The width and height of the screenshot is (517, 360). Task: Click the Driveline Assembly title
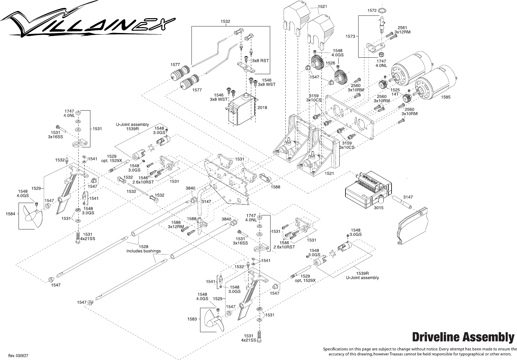click(x=463, y=337)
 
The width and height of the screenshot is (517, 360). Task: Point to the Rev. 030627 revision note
click(x=18, y=355)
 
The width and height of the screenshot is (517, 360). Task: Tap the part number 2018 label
click(x=262, y=108)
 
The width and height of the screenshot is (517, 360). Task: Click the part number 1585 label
click(x=445, y=97)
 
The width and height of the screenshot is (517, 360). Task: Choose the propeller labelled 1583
click(x=213, y=319)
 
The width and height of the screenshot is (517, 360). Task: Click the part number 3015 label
click(x=378, y=208)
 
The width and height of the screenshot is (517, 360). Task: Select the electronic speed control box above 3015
click(x=368, y=189)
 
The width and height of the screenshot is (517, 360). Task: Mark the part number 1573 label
click(x=350, y=36)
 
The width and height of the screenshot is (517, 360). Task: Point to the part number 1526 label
click(x=330, y=63)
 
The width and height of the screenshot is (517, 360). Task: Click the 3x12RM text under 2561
click(x=402, y=32)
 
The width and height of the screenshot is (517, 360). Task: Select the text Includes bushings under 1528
click(x=143, y=251)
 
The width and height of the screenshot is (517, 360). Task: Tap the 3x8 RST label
click(x=260, y=60)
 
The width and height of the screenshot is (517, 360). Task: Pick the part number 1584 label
click(x=10, y=214)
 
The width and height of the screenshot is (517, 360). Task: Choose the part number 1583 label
click(x=192, y=319)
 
